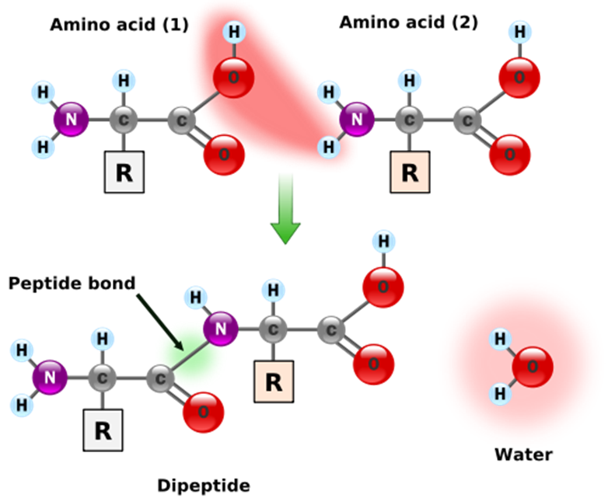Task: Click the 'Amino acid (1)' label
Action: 119,24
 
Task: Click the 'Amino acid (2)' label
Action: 408,22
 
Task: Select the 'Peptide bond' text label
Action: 72,283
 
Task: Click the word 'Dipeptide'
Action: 204,486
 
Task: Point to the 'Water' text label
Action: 523,454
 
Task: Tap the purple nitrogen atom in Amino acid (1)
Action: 71,120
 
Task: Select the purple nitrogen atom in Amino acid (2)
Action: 357,120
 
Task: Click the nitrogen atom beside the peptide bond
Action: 221,328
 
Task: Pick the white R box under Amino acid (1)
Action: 124,172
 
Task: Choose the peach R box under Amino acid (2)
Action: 409,172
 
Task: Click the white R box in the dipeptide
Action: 103,429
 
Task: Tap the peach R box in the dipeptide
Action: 274,381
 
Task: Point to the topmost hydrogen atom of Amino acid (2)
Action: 519,33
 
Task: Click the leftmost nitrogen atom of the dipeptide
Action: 50,378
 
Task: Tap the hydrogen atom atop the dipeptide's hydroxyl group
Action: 383,242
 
